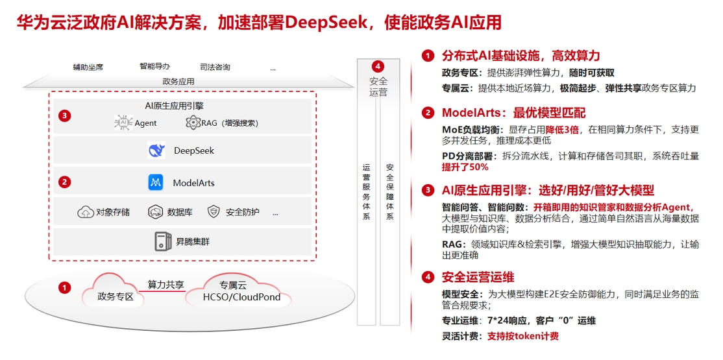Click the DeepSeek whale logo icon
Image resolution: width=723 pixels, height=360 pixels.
tap(156, 151)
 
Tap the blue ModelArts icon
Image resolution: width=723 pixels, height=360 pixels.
tap(156, 183)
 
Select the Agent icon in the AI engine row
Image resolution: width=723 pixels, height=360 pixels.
tap(123, 123)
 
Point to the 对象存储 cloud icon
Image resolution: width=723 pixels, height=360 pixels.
tap(85, 212)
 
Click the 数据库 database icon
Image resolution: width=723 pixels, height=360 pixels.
tap(155, 212)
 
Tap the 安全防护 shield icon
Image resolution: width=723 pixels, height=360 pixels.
tap(214, 212)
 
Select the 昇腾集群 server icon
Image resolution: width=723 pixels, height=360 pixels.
tap(162, 242)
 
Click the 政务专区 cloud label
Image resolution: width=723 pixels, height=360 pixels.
tap(115, 297)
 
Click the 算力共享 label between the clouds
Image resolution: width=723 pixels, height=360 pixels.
tap(165, 284)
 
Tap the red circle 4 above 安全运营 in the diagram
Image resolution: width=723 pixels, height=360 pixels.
tap(378, 66)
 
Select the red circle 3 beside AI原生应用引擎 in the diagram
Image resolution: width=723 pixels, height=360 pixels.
tap(64, 116)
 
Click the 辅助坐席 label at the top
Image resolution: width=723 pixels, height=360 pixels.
tap(88, 67)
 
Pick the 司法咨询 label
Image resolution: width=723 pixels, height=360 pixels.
tap(215, 67)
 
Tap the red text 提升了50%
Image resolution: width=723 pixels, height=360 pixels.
tap(465, 167)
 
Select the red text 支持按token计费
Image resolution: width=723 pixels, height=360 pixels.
tap(522, 336)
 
